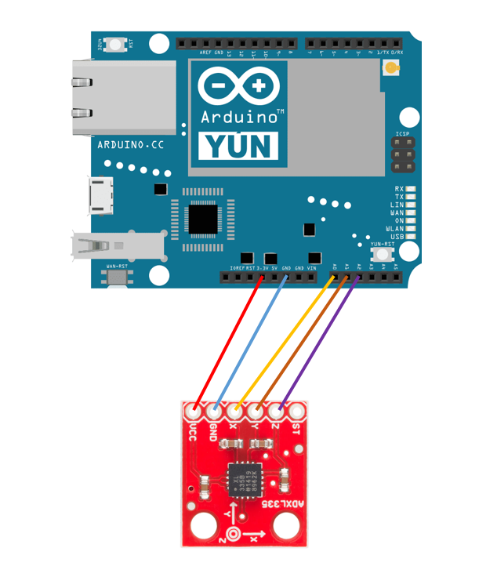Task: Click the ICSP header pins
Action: click(x=402, y=155)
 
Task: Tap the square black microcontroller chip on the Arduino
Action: click(x=202, y=219)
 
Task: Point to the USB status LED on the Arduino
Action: click(x=410, y=236)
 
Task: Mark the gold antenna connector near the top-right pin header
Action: click(x=390, y=69)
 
